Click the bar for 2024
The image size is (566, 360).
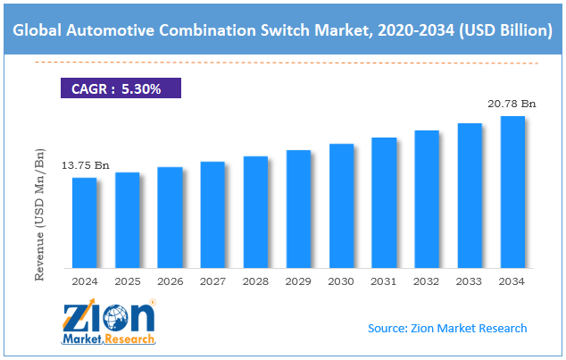[84, 222]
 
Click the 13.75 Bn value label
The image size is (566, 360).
[85, 165]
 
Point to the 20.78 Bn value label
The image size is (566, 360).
[512, 104]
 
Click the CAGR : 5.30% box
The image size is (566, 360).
[121, 88]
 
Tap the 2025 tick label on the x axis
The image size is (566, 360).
[127, 281]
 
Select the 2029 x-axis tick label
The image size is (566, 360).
[298, 281]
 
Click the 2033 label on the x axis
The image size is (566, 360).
[470, 281]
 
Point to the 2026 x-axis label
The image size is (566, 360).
[170, 281]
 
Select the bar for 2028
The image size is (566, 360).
[255, 212]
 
